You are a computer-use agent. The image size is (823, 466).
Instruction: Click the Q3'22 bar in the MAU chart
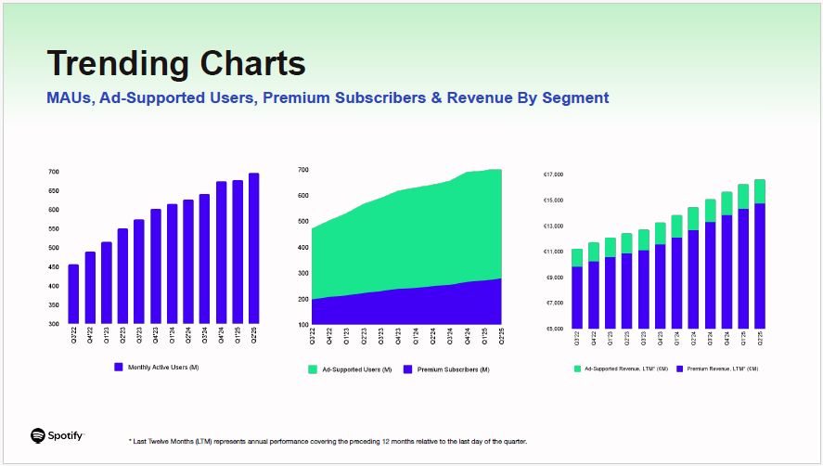(73, 294)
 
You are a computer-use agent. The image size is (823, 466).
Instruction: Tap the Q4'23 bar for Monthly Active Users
(156, 266)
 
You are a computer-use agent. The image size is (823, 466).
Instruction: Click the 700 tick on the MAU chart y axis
(53, 173)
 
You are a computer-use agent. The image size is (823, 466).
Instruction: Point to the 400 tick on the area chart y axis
(303, 247)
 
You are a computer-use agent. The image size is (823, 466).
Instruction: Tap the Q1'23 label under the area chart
(346, 336)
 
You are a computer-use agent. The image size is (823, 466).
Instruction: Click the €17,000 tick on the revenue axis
(554, 175)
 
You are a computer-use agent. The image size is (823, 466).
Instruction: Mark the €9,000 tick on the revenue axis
(554, 278)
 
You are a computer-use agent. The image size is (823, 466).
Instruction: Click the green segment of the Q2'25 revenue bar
(760, 191)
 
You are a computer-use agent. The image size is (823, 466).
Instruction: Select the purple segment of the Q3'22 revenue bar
(577, 297)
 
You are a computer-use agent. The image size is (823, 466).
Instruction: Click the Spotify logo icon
(38, 435)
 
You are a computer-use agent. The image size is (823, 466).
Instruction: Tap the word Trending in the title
(111, 63)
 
